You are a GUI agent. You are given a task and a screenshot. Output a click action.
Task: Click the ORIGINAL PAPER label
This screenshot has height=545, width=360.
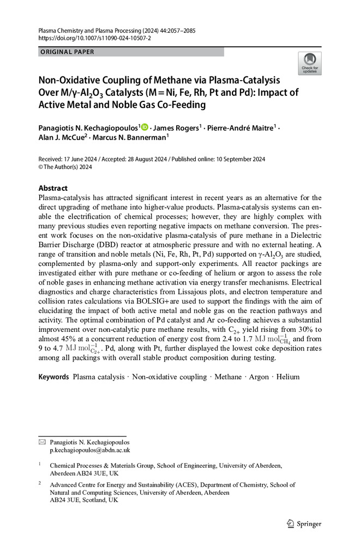[67, 52]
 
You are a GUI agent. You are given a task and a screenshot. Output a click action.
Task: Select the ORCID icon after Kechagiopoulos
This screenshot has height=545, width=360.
[145, 127]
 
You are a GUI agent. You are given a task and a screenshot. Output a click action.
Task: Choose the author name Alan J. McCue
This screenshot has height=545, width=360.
[61, 138]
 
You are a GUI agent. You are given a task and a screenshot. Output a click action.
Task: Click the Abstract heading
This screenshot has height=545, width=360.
[53, 187]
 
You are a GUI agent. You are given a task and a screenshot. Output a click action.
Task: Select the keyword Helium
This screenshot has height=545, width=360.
[287, 377]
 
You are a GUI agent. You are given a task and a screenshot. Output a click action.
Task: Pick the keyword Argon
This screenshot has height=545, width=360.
[259, 377]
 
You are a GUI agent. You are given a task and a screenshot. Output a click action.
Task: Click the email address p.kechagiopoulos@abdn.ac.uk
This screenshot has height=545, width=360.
[90, 451]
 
